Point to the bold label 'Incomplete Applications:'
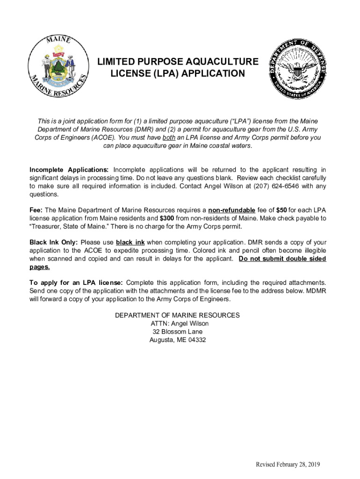[x=69, y=169]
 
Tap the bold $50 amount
[x=281, y=210]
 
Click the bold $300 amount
[x=167, y=218]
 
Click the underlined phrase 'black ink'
[x=130, y=242]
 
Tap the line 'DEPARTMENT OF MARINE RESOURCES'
[x=177, y=315]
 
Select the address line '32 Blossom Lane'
[x=178, y=332]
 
